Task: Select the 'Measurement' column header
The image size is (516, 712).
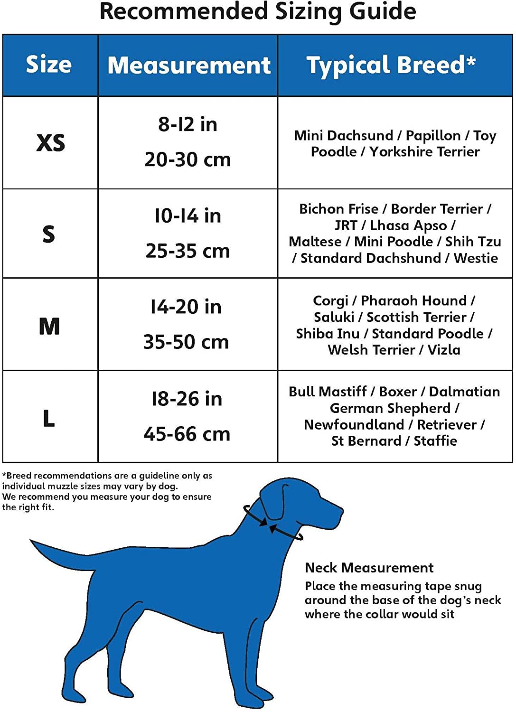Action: coord(188,65)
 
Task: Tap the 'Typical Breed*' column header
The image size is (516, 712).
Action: coord(391,65)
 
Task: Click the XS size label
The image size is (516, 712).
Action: coord(50,142)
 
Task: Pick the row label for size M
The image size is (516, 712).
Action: coord(49,326)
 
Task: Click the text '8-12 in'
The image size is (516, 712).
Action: coord(188,124)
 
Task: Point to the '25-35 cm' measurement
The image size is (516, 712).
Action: coord(188,251)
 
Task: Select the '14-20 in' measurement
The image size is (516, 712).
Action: coord(186,307)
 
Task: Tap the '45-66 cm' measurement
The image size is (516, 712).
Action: coord(187,434)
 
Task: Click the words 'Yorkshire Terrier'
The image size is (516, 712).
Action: coord(424,152)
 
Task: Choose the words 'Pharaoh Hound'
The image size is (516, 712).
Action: coord(413,300)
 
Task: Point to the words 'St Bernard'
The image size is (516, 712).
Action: coord(366,441)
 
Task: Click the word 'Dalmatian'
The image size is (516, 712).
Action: coord(464,392)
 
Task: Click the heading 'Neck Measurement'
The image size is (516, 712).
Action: coord(369,568)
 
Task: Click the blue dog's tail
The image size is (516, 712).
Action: coord(62,555)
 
